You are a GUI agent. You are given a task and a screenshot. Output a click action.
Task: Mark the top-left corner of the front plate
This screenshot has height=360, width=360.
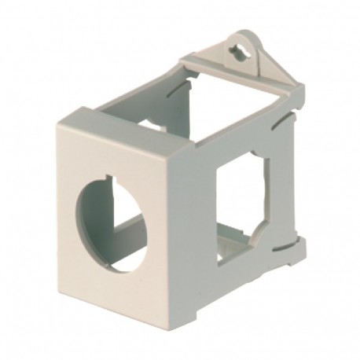[57, 126]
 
